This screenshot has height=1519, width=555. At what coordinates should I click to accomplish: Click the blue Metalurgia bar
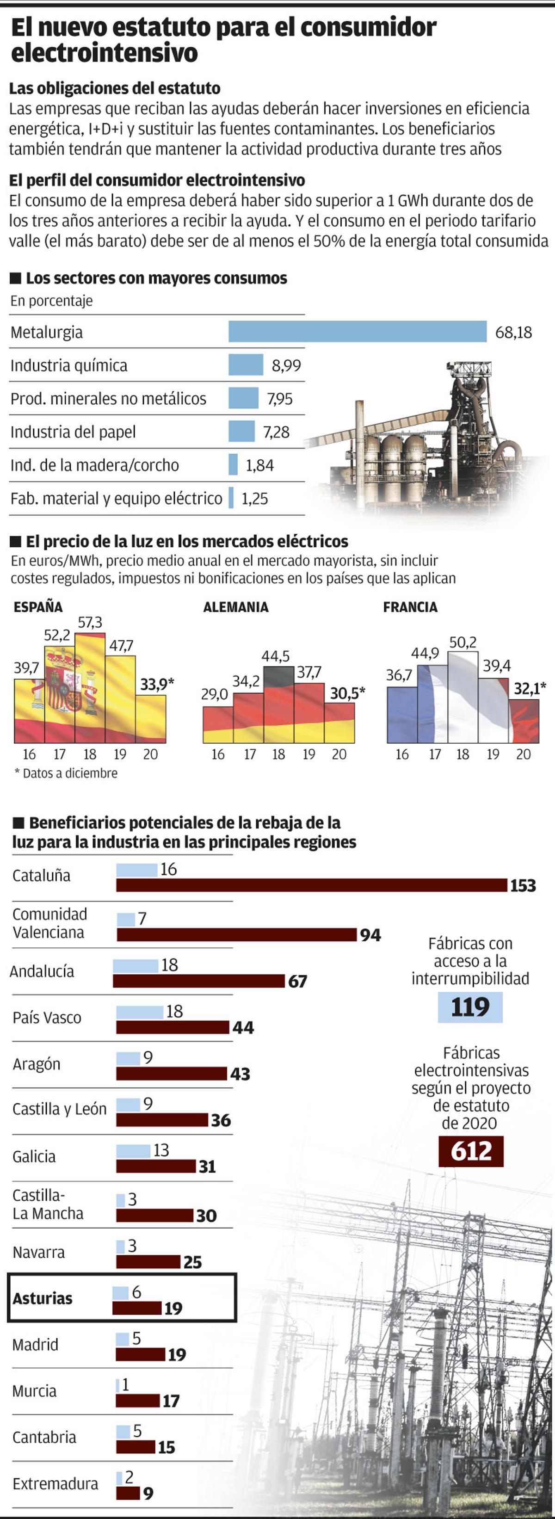click(358, 331)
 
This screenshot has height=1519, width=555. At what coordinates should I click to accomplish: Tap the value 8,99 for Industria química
click(286, 365)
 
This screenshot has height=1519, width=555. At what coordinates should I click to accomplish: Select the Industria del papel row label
click(73, 432)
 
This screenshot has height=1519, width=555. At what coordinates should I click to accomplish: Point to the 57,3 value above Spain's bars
click(90, 622)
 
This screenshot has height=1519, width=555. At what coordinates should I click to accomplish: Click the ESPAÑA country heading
click(38, 607)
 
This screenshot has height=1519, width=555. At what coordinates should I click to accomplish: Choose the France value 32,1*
click(530, 688)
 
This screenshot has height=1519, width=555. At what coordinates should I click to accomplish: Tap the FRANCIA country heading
click(410, 607)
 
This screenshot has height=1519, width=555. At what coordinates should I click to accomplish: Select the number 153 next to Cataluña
click(523, 886)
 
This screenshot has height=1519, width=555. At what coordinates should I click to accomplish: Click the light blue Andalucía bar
click(136, 965)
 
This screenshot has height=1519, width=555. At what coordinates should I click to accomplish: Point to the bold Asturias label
click(43, 1298)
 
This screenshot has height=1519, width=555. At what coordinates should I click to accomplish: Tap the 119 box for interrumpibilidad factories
click(470, 1007)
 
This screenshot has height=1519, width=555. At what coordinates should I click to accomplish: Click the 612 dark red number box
click(471, 1151)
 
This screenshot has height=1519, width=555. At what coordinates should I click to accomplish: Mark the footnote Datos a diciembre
click(66, 773)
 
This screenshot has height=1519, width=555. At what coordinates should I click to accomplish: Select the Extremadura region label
click(55, 1484)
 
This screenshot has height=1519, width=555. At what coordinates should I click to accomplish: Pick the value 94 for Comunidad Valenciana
click(370, 935)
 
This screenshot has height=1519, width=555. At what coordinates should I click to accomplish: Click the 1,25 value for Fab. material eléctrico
click(255, 499)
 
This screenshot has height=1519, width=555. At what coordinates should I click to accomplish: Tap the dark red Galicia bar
click(156, 1167)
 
